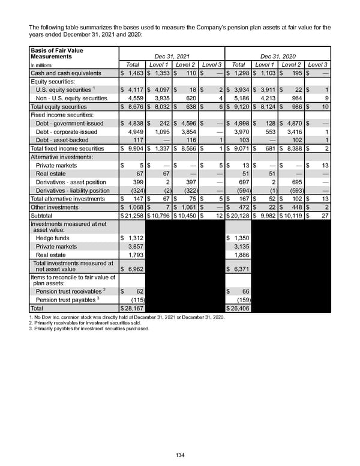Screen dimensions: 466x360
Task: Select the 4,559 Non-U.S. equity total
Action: pos(133,97)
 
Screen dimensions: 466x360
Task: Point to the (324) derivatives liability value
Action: pos(134,190)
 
